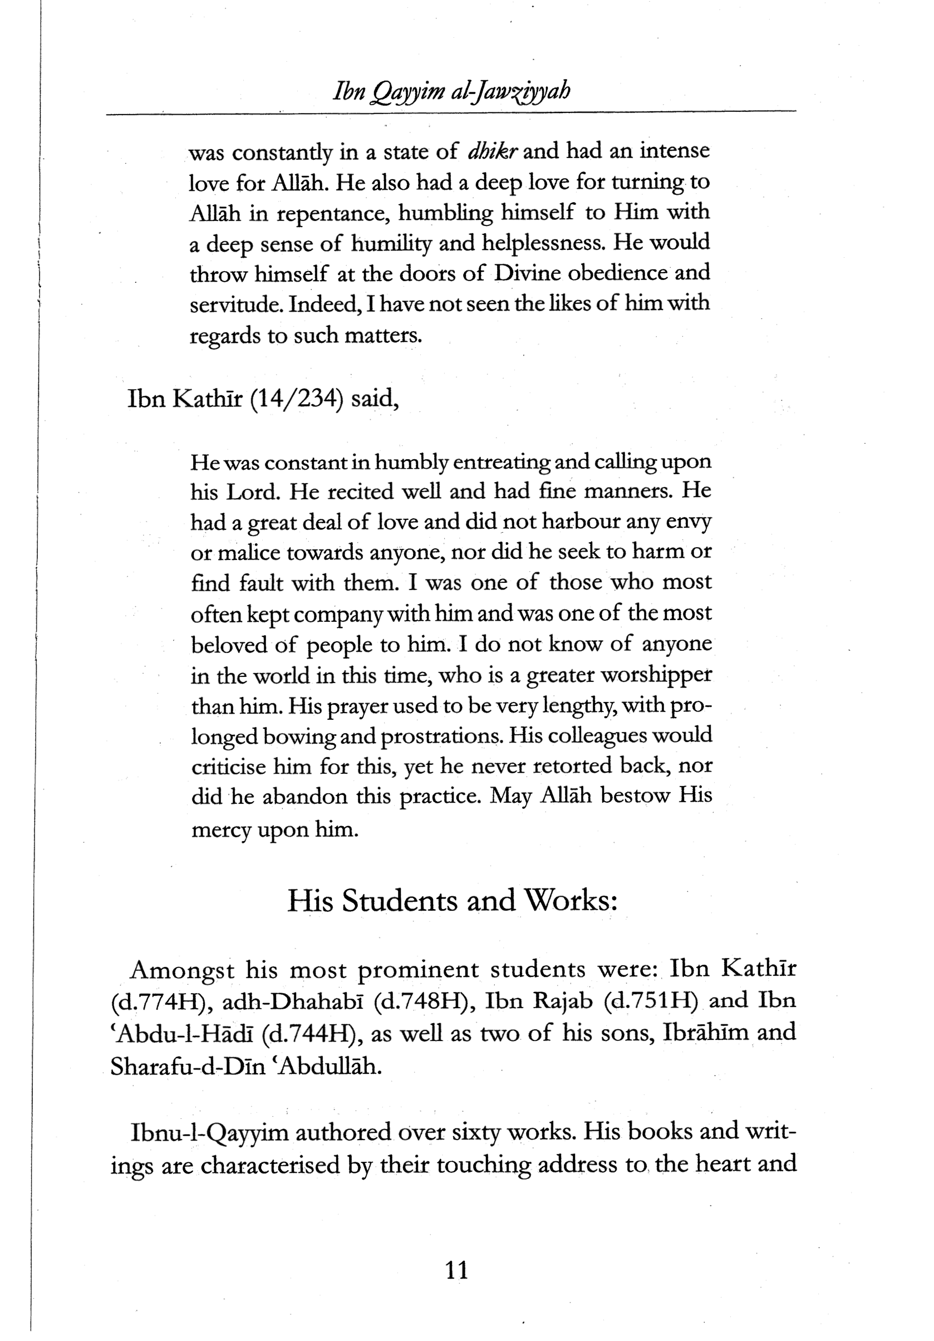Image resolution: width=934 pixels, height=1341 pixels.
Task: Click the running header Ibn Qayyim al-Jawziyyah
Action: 451,92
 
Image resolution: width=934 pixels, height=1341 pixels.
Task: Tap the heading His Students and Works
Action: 453,901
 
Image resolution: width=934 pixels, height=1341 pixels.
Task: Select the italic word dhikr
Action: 493,151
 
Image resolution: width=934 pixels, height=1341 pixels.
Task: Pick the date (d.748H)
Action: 419,1001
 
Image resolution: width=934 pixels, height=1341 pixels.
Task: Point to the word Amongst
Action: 181,970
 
